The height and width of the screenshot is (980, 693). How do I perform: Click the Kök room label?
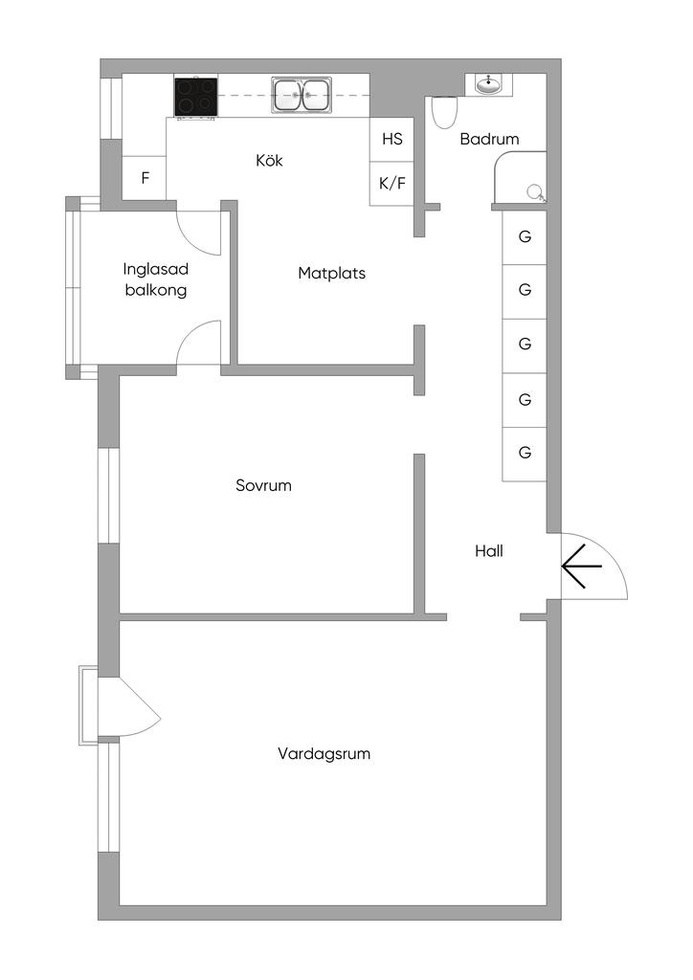269,161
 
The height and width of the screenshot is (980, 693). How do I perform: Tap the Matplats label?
331,273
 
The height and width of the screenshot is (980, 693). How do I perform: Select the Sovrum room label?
263,485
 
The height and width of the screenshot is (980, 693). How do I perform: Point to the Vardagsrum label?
324,753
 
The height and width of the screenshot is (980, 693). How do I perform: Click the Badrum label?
489,139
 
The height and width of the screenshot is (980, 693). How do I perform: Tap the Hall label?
489,551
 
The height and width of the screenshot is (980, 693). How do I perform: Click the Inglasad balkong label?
155,279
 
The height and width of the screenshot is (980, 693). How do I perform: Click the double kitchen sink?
302,95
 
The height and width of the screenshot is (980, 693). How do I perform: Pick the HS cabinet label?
392,139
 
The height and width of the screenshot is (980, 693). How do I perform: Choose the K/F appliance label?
392,183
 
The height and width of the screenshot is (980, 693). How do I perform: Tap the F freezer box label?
145,177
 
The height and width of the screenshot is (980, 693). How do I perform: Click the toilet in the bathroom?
443,113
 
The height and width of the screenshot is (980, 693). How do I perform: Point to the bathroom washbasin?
488,84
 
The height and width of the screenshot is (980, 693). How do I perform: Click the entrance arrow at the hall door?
581,567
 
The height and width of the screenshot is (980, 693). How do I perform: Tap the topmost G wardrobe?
525,236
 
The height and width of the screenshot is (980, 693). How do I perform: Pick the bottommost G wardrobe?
525,453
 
